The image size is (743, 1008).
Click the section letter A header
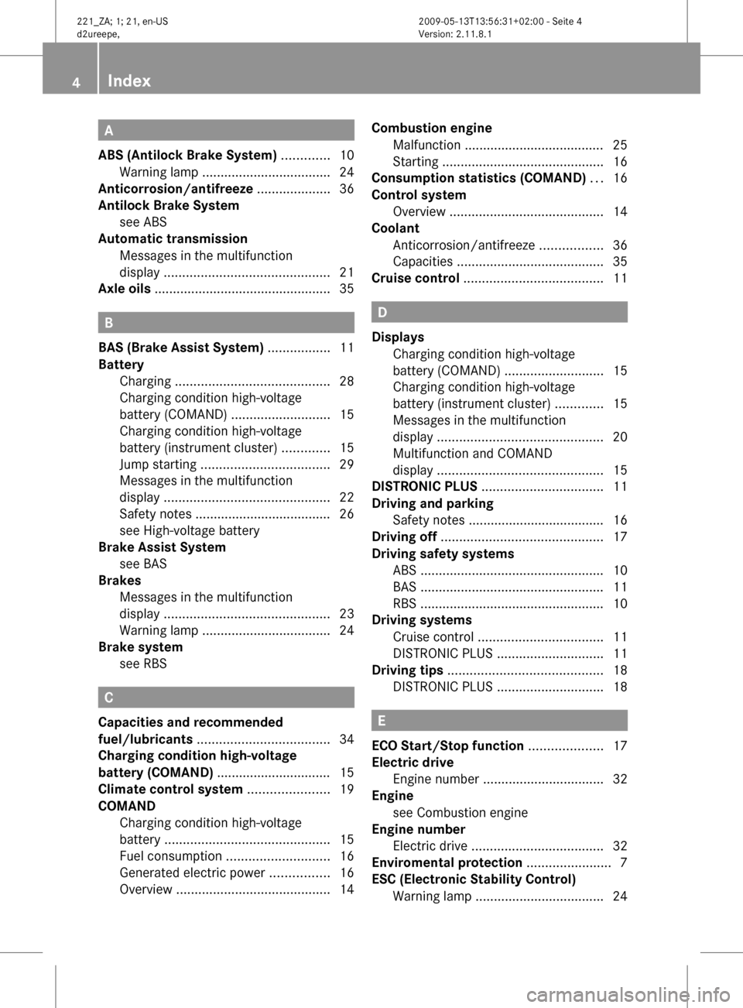(x=109, y=130)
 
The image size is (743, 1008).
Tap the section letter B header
(x=109, y=323)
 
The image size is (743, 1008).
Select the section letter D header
(x=382, y=312)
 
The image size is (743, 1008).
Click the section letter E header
(x=382, y=720)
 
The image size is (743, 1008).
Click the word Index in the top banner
(x=129, y=81)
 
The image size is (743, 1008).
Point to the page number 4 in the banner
(x=76, y=81)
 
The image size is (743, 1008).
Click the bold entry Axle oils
(x=125, y=289)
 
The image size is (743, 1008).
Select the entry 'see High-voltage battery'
(x=190, y=530)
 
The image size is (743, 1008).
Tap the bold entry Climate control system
(x=170, y=789)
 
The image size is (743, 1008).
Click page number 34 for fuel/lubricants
(x=346, y=739)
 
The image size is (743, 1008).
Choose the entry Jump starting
(x=158, y=465)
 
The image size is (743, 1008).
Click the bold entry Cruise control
(x=416, y=278)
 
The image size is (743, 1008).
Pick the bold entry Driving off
(x=404, y=537)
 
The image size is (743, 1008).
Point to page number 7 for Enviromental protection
(x=623, y=862)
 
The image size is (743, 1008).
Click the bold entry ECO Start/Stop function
(x=447, y=746)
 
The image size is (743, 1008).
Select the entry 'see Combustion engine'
(x=461, y=812)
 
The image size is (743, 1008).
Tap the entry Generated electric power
(x=192, y=873)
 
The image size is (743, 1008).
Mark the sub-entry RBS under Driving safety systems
(x=405, y=603)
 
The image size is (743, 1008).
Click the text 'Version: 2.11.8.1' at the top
(x=455, y=34)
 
